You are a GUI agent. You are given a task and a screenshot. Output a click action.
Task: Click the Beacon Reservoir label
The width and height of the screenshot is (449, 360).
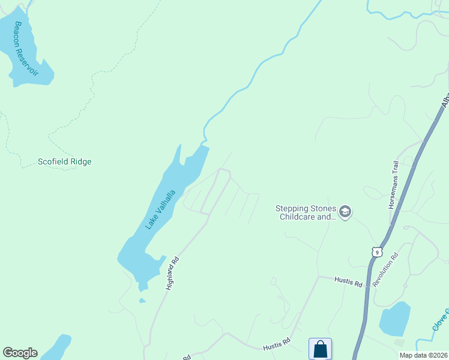(x=26, y=49)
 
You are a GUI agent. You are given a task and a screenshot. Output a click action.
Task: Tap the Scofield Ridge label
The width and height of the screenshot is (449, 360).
(x=65, y=161)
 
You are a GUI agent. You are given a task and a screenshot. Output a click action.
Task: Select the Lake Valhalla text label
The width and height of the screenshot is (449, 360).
(x=160, y=209)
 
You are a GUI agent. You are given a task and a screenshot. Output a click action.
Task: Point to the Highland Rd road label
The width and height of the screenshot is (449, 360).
(x=173, y=274)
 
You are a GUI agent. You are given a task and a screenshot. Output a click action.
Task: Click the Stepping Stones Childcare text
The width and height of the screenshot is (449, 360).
(x=306, y=212)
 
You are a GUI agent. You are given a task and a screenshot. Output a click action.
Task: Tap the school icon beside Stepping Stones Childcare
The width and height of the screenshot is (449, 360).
(x=345, y=212)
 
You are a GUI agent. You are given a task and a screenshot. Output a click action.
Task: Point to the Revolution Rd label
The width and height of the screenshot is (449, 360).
(x=385, y=271)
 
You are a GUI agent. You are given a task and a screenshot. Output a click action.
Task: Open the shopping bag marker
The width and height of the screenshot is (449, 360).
(x=320, y=349)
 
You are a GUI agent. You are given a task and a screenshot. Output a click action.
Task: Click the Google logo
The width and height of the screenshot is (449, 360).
(x=20, y=353)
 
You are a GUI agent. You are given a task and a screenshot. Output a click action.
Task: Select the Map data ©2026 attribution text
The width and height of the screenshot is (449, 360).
(x=423, y=355)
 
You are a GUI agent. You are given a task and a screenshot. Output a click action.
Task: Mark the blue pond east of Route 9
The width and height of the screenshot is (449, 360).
(x=394, y=319)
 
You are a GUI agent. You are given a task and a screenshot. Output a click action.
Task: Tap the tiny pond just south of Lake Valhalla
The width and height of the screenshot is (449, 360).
(x=142, y=301)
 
